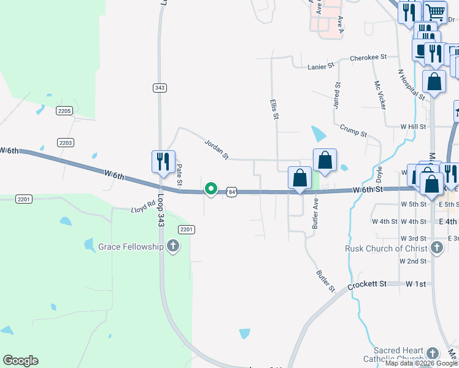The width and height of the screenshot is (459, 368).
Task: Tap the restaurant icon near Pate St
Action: [x=163, y=161]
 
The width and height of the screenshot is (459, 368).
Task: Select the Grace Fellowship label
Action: [x=131, y=247]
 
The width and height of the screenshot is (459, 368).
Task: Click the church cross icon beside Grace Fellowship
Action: [x=173, y=247]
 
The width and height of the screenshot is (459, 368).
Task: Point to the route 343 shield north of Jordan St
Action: [x=160, y=88]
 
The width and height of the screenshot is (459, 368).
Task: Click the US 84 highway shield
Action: [x=231, y=192]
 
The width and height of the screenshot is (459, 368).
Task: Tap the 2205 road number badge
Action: [x=64, y=110]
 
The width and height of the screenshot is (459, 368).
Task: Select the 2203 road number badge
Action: [x=66, y=142]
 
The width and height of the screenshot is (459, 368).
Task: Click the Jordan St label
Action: [x=216, y=149]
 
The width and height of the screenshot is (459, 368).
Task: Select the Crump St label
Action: [x=353, y=130]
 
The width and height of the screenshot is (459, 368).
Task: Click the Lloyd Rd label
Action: [x=142, y=210]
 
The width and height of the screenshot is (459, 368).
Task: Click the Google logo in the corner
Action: [x=20, y=361]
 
